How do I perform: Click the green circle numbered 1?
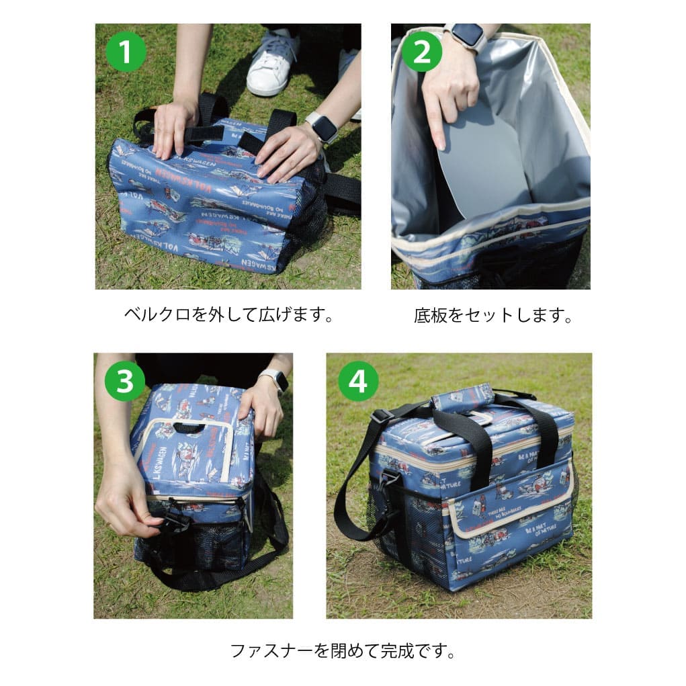[x=126, y=51]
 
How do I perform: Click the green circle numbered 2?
[x=421, y=51]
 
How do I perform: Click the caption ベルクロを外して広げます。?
[x=228, y=314]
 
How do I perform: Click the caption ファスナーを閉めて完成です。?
[x=343, y=650]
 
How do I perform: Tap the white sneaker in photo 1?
[x=272, y=64]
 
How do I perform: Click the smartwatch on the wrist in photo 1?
[x=323, y=127]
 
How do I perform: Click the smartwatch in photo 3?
[x=275, y=380]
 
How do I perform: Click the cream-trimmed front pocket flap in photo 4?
[x=511, y=511]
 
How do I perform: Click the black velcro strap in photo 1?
[x=204, y=132]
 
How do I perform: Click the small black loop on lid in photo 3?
[x=188, y=427]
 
